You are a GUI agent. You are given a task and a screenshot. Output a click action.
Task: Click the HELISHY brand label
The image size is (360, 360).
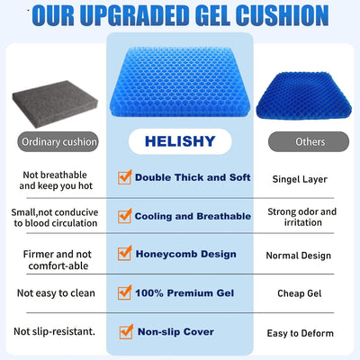point(180,142)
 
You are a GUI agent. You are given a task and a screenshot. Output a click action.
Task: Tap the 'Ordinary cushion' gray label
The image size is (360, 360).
point(53,142)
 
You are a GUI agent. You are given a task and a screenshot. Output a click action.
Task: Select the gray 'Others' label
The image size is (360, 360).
point(310,142)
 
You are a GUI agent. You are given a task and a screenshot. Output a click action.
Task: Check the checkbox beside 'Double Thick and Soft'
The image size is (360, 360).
point(125,178)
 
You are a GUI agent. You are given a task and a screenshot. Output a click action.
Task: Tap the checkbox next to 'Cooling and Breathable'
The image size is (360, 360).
point(125,216)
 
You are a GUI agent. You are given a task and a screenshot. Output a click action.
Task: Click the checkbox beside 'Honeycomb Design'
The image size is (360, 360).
point(125,255)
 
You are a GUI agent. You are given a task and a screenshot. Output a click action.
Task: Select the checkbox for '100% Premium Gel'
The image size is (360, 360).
point(125,292)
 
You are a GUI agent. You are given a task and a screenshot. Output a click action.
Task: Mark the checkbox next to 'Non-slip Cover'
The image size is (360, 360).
point(125,331)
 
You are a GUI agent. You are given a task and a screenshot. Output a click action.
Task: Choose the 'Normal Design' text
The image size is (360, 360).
point(304,256)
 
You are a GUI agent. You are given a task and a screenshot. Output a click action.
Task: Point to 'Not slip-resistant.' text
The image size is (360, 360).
point(54,332)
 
